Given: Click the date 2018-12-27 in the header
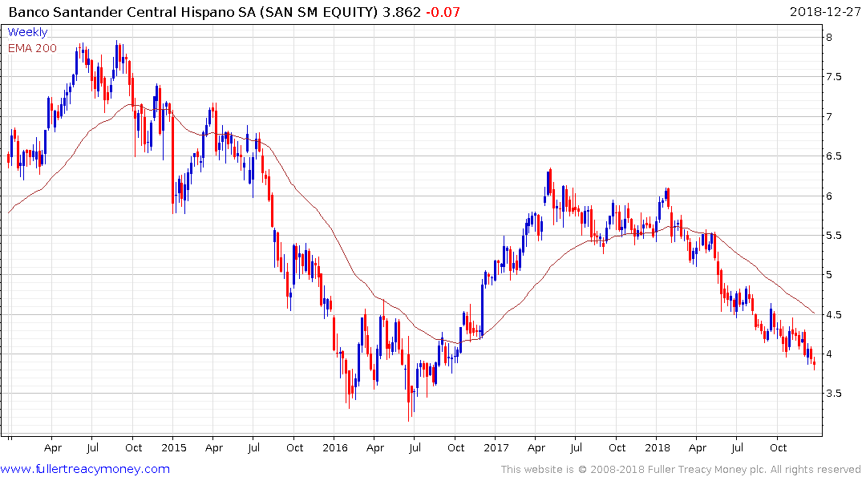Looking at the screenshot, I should click(x=824, y=12).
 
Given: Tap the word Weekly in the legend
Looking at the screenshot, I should click(x=27, y=33).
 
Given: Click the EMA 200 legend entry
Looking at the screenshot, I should click(x=32, y=48).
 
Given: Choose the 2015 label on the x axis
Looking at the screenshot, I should click(x=174, y=447).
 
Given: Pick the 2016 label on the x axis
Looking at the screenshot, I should click(x=335, y=447).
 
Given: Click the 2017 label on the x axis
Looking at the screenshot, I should click(x=496, y=447).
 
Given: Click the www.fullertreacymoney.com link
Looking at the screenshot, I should click(x=85, y=469).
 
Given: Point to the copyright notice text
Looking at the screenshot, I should click(x=681, y=470).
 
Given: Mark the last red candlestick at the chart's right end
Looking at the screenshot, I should click(x=814, y=364).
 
